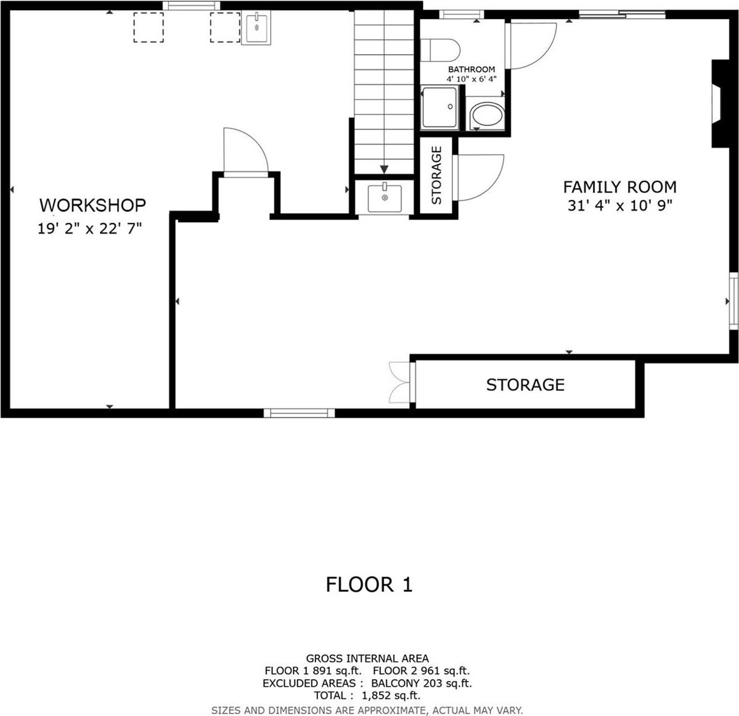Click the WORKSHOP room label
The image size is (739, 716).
click(92, 205)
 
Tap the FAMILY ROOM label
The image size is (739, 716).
click(619, 186)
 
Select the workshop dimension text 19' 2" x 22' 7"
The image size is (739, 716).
click(89, 228)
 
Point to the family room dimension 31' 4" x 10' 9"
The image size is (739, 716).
click(619, 206)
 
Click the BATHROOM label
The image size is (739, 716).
click(471, 69)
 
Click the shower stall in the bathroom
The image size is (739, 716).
click(440, 108)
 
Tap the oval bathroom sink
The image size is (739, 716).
click(486, 116)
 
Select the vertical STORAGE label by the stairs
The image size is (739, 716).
click(436, 175)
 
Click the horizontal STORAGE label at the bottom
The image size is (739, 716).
click(525, 384)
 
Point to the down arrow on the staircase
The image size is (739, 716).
click(384, 169)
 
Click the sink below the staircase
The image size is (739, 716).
click(385, 197)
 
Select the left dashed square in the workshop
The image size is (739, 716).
click(148, 27)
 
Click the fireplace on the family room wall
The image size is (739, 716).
click(719, 104)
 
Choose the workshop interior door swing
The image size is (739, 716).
click(245, 150)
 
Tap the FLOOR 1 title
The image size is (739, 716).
click(369, 584)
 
